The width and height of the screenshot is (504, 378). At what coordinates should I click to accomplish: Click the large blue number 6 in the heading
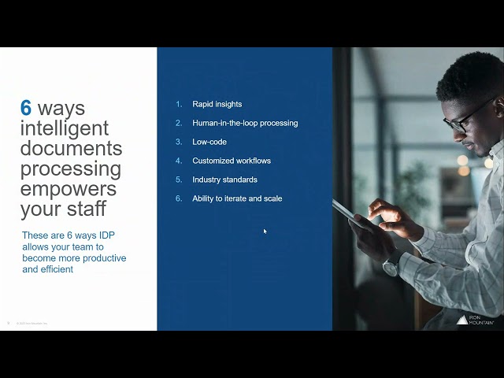click(x=27, y=109)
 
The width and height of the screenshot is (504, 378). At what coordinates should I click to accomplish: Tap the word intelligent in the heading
click(x=65, y=128)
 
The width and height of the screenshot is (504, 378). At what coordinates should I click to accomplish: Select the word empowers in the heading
click(x=69, y=189)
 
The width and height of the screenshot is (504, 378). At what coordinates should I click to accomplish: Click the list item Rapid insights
click(x=217, y=104)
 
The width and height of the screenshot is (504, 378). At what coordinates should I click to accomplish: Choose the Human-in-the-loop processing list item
click(x=245, y=123)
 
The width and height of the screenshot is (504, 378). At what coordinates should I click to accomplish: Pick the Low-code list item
click(x=209, y=142)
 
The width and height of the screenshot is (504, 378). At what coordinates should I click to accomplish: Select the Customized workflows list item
click(x=232, y=161)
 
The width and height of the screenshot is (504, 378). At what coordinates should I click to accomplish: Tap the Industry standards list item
click(x=224, y=180)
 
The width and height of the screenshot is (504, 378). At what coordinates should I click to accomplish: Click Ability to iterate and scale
click(x=237, y=198)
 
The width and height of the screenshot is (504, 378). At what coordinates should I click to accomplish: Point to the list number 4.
click(x=179, y=161)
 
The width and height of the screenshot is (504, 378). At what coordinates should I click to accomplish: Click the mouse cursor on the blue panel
click(x=265, y=231)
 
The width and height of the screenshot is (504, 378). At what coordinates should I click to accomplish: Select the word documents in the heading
click(x=71, y=148)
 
